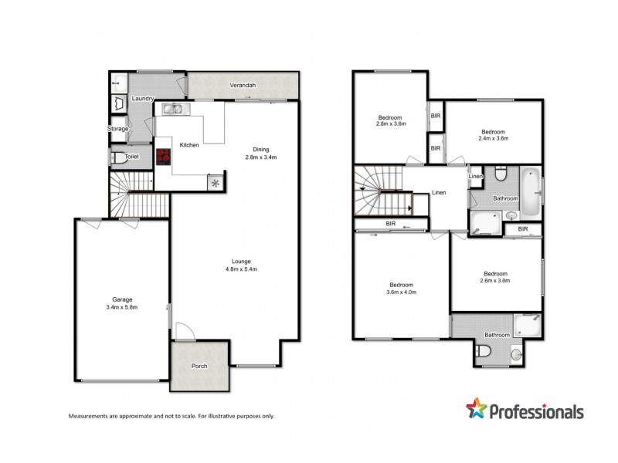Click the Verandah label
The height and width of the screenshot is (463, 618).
click(243, 85)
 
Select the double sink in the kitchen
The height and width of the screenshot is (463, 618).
click(172, 109)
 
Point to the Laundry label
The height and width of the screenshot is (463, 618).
click(143, 99)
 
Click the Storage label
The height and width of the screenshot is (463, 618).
click(117, 129)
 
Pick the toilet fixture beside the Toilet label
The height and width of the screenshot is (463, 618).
click(117, 157)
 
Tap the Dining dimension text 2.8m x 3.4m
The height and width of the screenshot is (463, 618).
click(260, 157)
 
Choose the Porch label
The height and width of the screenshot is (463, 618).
click(200, 367)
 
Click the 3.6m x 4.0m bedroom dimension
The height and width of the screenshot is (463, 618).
click(401, 292)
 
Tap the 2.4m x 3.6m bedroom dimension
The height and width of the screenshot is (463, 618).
click(493, 139)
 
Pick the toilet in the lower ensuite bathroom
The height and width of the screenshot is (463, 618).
click(484, 352)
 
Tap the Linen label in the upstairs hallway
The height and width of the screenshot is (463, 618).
click(439, 193)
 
